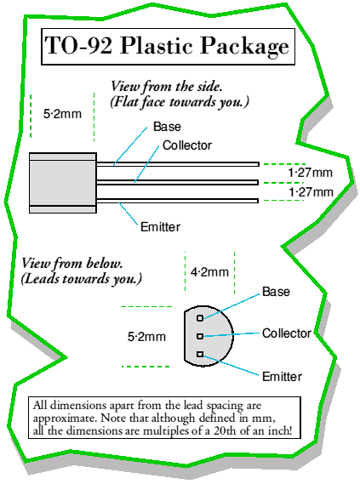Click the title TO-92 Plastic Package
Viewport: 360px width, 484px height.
167,46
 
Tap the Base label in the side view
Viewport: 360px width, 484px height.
167,127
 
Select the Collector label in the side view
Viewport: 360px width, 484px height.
187,145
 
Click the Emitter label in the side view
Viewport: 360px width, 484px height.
160,227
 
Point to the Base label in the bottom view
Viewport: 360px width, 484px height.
276,292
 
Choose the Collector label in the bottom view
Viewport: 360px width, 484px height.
287,333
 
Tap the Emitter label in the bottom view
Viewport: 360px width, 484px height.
282,377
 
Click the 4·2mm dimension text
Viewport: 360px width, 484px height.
209,272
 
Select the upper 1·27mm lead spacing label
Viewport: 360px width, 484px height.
311,173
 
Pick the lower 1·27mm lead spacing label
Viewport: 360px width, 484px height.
311,192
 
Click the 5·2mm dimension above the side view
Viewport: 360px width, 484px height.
62,114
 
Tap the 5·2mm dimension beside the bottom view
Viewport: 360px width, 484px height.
146,337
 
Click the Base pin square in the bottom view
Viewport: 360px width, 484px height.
200,318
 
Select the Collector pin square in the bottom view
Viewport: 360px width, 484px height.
200,336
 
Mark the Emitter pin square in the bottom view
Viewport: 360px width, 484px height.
200,354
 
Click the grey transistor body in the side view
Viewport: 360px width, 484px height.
63,183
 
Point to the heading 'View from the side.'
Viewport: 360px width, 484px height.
167,87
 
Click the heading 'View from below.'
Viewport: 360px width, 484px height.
72,264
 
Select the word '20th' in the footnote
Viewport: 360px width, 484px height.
225,430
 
